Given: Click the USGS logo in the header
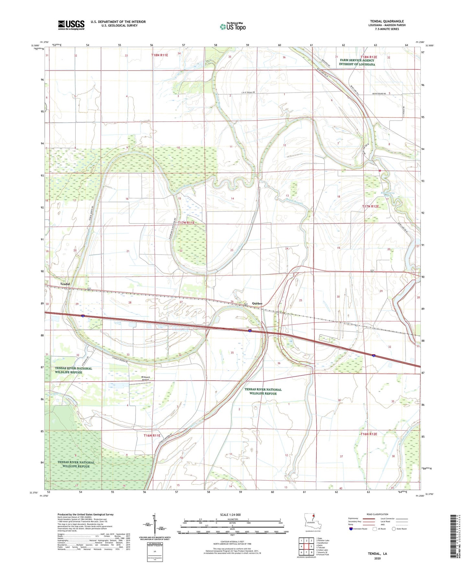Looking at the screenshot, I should point(71,25).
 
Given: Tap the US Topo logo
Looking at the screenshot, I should point(232,27).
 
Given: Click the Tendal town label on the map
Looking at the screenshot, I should point(65,284).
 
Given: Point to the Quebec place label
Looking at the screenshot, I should point(257,303).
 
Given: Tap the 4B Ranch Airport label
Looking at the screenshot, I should point(145,378).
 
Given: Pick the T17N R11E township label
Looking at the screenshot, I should point(186,223).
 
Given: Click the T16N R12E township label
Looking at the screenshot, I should point(369,434).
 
